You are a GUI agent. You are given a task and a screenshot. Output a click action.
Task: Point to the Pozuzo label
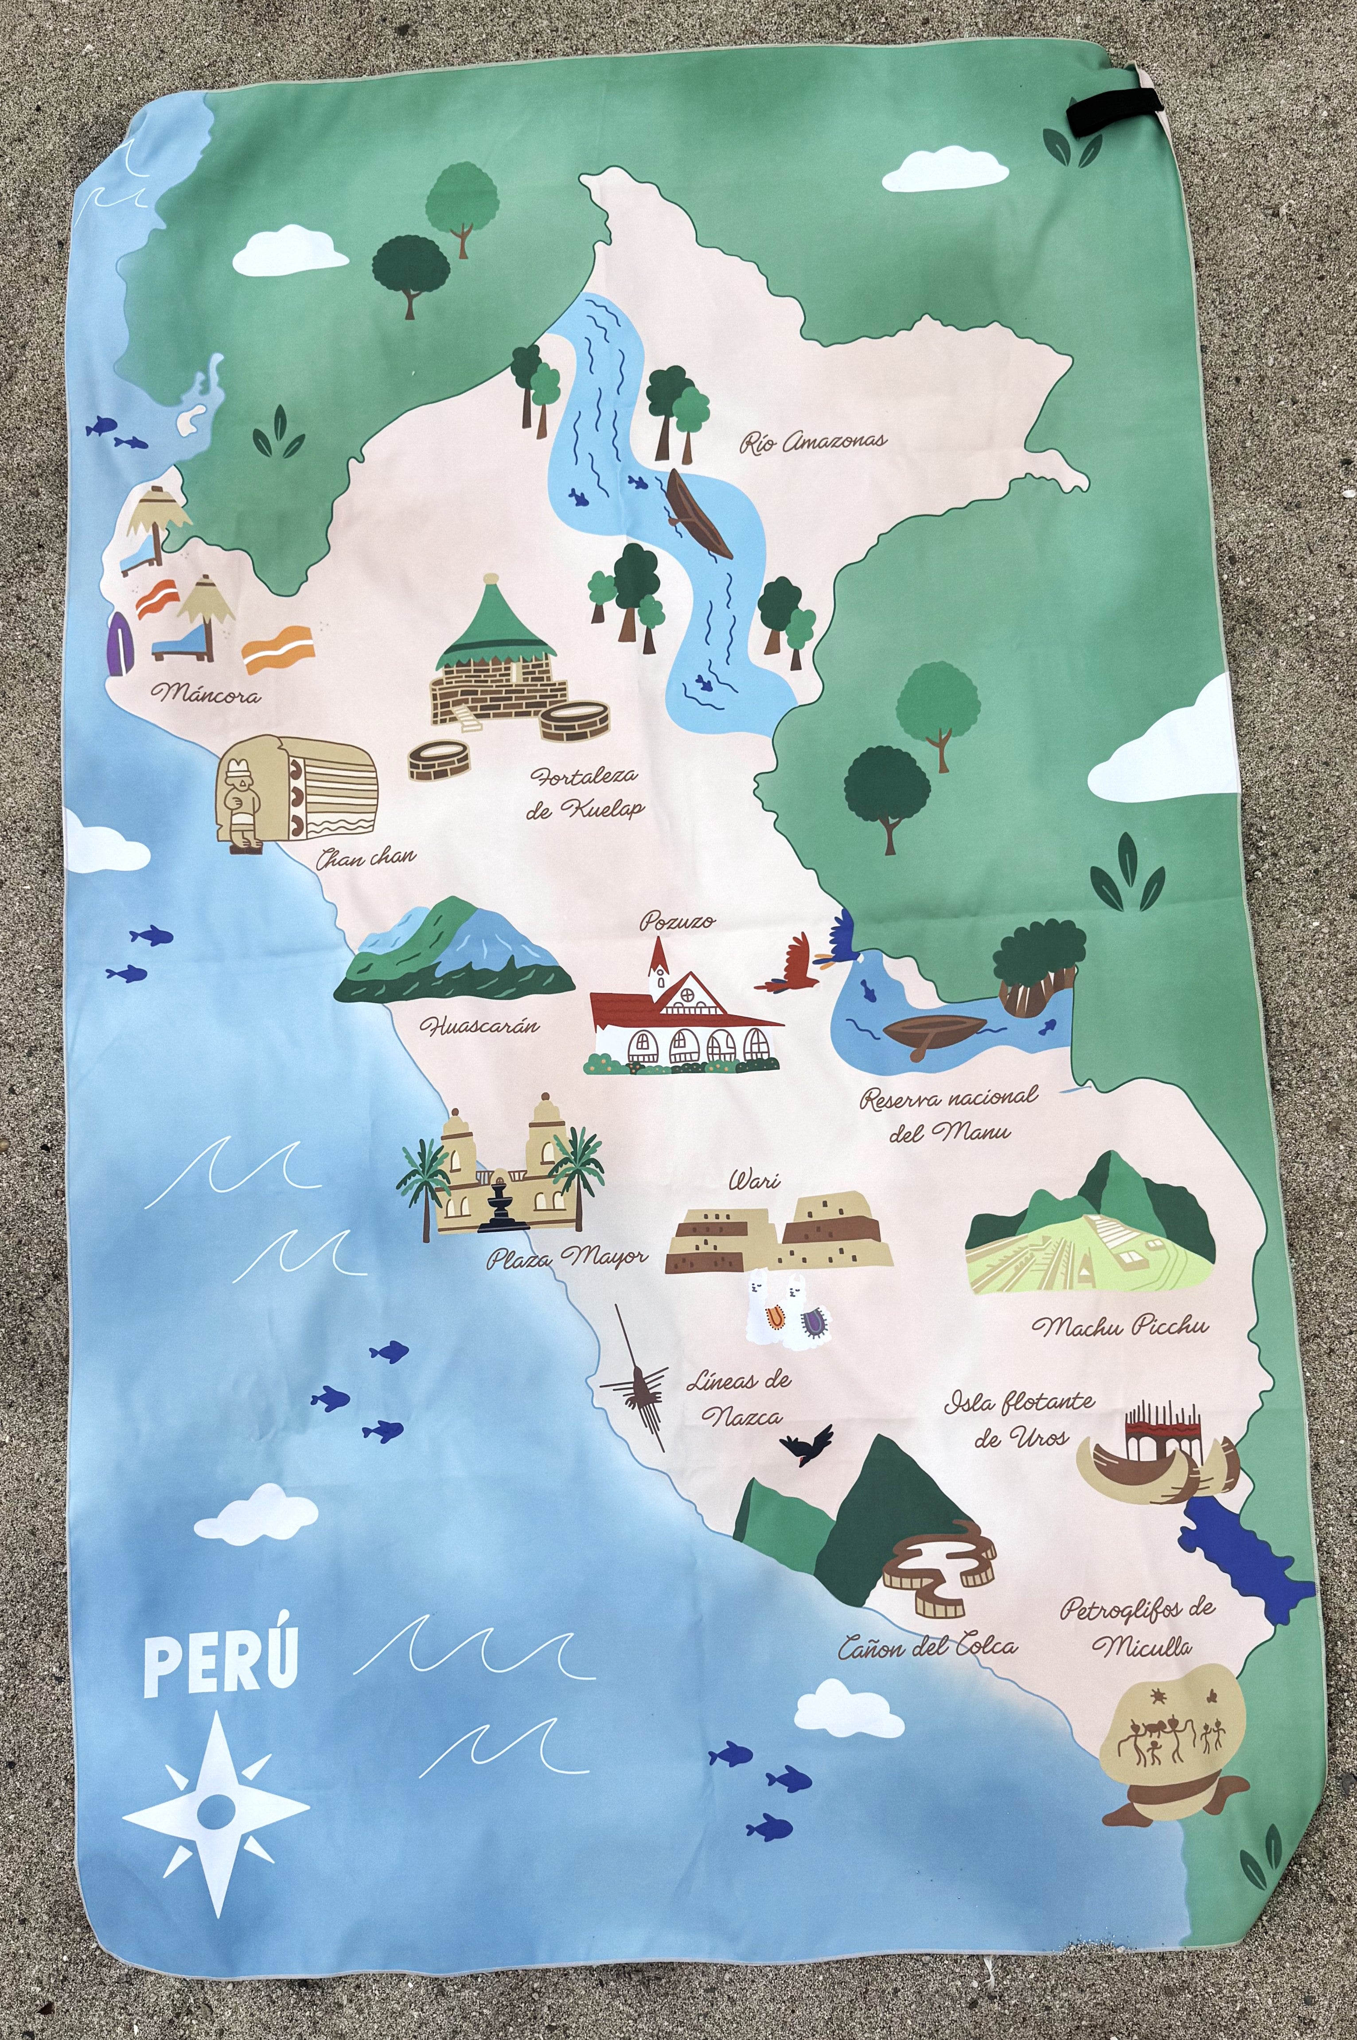coord(678,920)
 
